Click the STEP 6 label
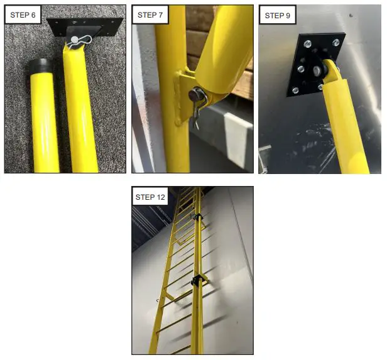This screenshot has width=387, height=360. (x=23, y=15)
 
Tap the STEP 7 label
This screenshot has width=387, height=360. (x=150, y=15)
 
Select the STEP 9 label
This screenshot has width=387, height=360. (x=278, y=16)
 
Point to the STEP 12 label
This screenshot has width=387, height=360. (x=150, y=197)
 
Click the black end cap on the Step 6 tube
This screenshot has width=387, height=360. (x=41, y=65)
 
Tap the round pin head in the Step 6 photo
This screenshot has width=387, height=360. (x=74, y=39)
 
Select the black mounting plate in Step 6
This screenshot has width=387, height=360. (x=85, y=27)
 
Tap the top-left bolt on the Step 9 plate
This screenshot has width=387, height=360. (x=308, y=44)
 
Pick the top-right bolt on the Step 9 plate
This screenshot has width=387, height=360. (x=335, y=43)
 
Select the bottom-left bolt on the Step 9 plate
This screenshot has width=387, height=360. (x=295, y=90)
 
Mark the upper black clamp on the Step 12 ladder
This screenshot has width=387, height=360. (x=198, y=217)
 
